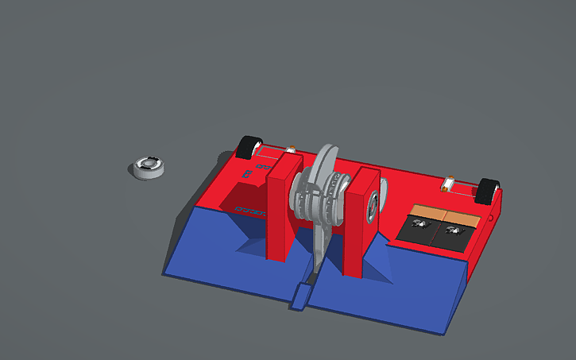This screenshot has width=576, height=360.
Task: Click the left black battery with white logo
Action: tap(422, 230)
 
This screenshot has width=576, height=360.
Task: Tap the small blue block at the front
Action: tap(300, 298)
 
